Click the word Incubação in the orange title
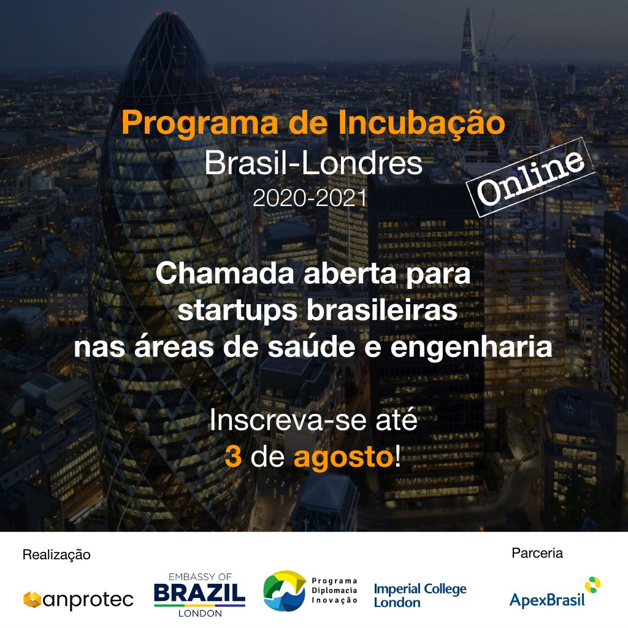tap(421, 123)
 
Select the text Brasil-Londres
tap(313, 163)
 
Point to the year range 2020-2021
tap(310, 198)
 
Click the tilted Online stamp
tap(530, 177)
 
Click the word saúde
tap(311, 347)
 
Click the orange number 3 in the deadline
tap(233, 456)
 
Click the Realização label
tap(56, 554)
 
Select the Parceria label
tap(537, 553)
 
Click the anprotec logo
tap(78, 600)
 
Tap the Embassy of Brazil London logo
tap(199, 595)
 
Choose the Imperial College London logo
tap(420, 595)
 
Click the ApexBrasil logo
tap(554, 593)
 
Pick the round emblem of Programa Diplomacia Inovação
tap(285, 591)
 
